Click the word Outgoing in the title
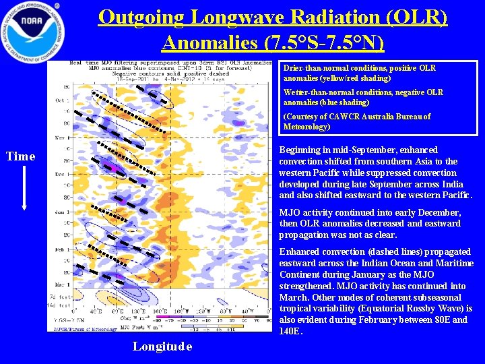click(x=139, y=17)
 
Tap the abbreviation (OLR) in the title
click(x=418, y=17)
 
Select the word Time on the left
click(x=20, y=156)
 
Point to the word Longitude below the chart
click(x=162, y=346)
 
